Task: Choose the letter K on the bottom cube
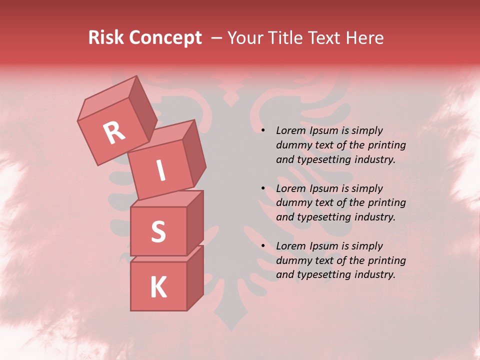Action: click(158, 287)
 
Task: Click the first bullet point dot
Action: click(263, 130)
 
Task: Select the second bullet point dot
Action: click(263, 188)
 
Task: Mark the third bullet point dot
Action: click(263, 246)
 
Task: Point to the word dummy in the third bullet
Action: click(291, 260)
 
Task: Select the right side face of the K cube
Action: click(195, 277)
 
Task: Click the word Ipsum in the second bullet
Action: click(324, 188)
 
